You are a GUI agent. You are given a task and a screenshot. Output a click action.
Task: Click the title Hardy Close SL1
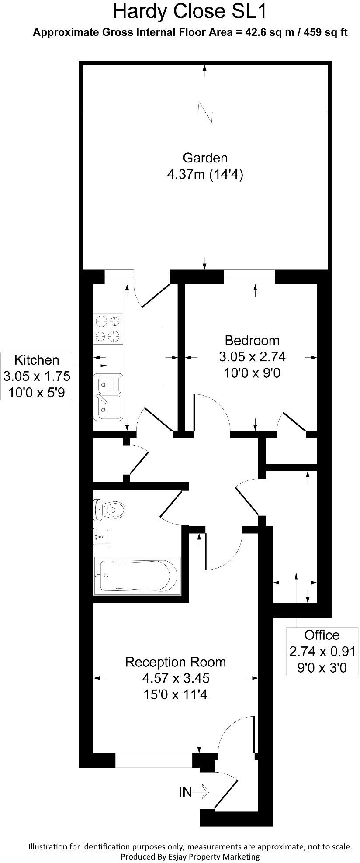[190, 11]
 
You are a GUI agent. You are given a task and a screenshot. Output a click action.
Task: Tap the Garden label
[205, 157]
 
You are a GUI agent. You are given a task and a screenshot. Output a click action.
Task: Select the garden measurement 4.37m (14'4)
[205, 175]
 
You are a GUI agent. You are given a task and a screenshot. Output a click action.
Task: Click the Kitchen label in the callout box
[37, 360]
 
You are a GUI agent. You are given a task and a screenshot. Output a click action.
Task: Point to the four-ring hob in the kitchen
[107, 328]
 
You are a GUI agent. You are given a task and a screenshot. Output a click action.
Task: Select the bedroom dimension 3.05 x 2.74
[252, 357]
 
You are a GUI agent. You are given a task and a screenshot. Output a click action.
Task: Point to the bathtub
[136, 575]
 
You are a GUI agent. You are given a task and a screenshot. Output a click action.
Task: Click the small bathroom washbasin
[101, 536]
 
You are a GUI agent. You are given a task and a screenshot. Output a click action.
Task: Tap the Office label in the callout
[322, 635]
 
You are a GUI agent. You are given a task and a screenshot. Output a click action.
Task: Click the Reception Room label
[175, 662]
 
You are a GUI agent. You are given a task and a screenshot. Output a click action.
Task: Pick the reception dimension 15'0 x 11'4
[175, 694]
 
